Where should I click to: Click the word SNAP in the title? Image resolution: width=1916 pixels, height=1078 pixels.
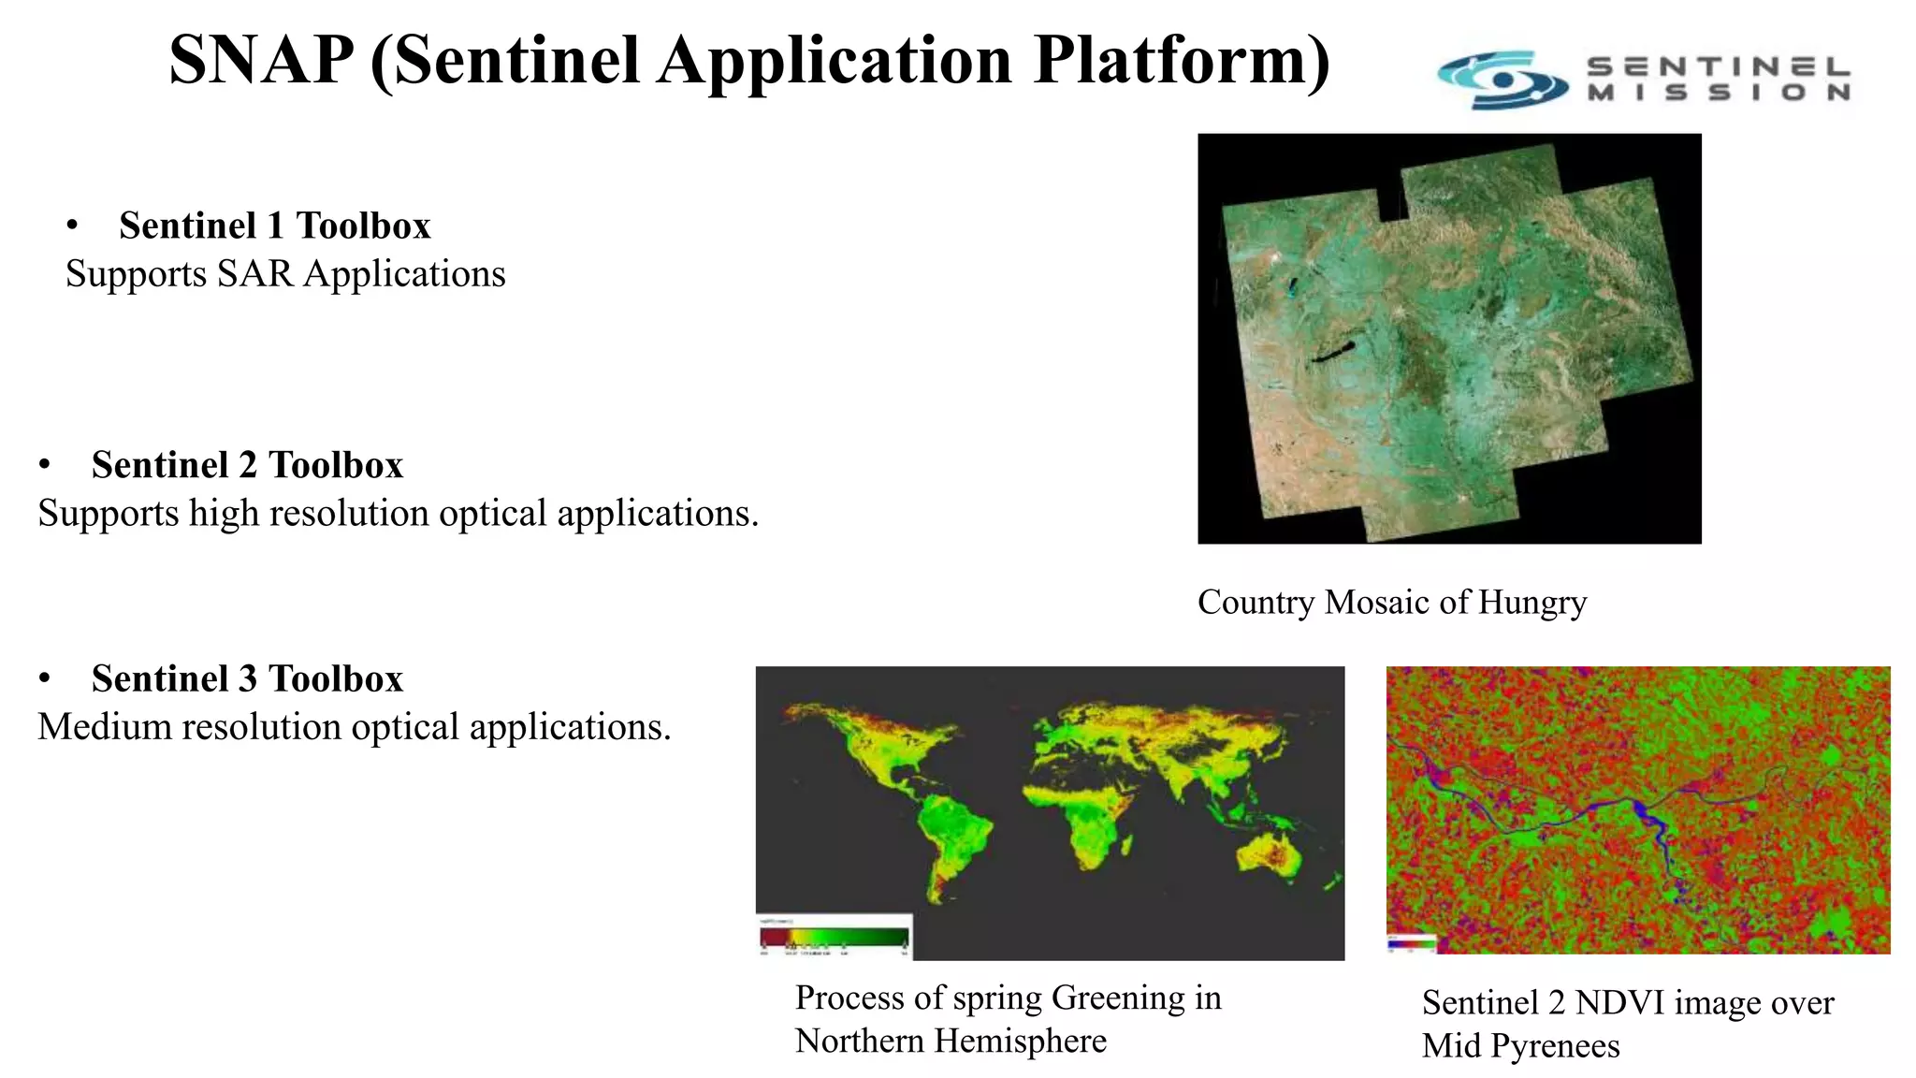coord(261,60)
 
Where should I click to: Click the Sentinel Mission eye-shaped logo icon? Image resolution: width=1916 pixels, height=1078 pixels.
coord(1502,80)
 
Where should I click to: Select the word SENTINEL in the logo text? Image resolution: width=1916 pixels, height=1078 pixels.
coord(1718,67)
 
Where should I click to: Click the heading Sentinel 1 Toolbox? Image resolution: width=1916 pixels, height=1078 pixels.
coord(274,226)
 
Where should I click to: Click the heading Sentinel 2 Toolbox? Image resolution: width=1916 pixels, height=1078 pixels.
coord(247,465)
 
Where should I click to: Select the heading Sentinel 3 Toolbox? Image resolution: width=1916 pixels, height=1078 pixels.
coord(247,678)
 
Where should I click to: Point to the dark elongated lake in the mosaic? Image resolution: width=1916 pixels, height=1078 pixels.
coord(1332,354)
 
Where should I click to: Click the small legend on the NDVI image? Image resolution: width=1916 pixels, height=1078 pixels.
coord(1411,943)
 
